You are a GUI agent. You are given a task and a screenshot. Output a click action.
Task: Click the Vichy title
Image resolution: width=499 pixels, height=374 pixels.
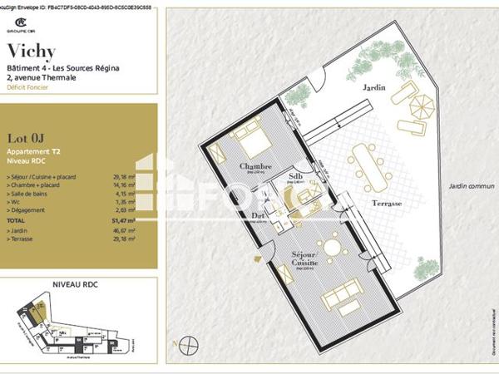(x=31, y=52)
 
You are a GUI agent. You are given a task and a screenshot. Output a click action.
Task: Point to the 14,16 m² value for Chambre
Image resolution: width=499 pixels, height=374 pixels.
(x=124, y=185)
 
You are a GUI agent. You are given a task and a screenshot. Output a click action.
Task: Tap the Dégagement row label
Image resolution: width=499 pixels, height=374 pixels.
(x=27, y=209)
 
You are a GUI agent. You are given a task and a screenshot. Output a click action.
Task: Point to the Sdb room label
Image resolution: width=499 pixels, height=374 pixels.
(x=296, y=177)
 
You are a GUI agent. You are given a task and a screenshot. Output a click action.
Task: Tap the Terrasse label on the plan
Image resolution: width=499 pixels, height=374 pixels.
(x=387, y=204)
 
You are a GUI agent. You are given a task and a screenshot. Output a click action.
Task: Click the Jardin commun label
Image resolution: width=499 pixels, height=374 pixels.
(x=471, y=187)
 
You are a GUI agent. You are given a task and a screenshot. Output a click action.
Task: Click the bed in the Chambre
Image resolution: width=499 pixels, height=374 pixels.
(x=250, y=145)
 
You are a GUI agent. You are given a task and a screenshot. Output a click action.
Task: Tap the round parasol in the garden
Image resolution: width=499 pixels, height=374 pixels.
(x=422, y=106)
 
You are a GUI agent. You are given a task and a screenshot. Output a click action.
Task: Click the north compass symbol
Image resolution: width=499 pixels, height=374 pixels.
(x=190, y=342)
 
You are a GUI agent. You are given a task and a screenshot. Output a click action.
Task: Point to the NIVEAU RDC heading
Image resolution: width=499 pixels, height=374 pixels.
(x=77, y=283)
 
